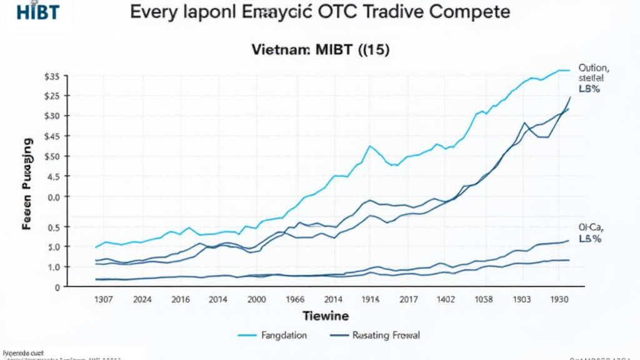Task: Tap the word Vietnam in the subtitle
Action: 280,51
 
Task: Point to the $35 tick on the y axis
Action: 52,76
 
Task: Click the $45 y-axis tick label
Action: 52,136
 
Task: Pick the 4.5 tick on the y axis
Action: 53,176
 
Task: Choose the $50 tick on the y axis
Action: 52,156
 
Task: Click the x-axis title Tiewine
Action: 325,316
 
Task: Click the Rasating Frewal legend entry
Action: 386,336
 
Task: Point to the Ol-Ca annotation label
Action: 590,228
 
